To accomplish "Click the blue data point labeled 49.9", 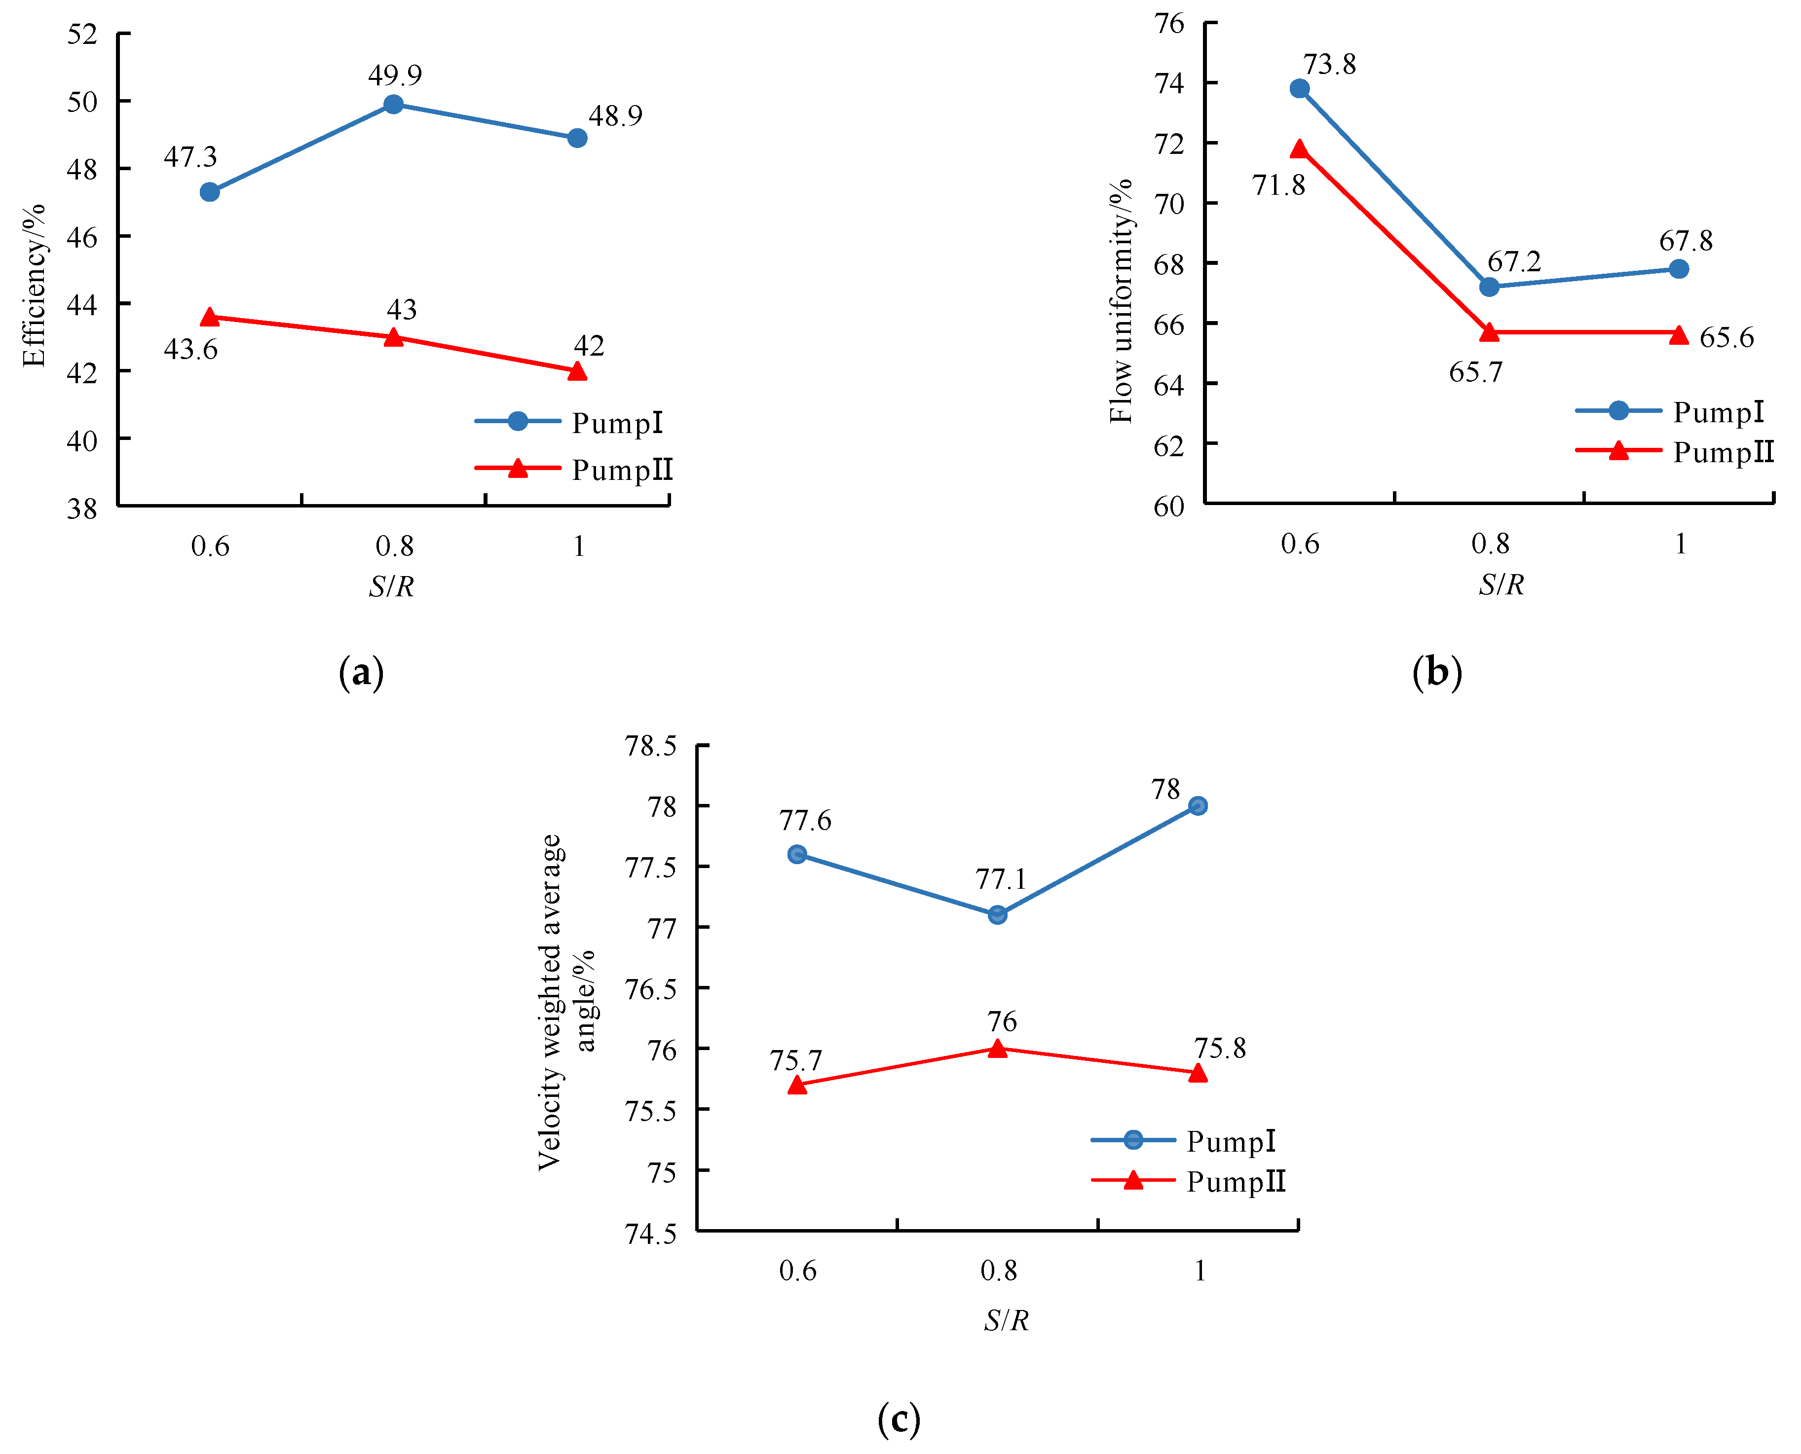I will click(x=393, y=105).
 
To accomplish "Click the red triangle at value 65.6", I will click(x=1679, y=335).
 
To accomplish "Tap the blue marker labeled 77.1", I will click(x=997, y=914).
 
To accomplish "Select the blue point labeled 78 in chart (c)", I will click(x=1198, y=806).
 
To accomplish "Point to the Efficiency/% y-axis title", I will click(x=34, y=285).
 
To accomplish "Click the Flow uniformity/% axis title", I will click(x=1120, y=301).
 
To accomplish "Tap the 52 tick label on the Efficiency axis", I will click(x=82, y=35).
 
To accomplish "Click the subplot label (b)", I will click(x=1437, y=672).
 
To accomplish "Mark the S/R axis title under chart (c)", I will click(x=1005, y=1321).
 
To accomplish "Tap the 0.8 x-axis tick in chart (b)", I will click(x=1490, y=545).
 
